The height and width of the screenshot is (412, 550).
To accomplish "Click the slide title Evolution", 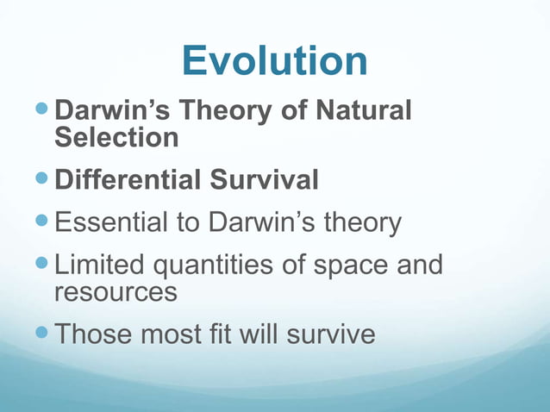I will (274, 61).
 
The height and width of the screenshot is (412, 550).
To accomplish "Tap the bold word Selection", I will (116, 137).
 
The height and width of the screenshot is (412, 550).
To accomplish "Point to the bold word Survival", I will (265, 181).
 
